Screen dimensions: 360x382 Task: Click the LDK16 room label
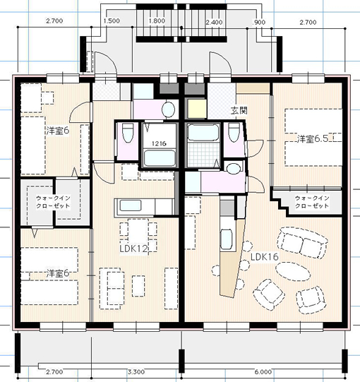(x=264, y=257)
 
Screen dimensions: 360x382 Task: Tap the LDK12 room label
(x=133, y=249)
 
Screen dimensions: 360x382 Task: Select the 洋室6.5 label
(x=313, y=139)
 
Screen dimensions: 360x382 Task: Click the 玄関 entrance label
(x=239, y=111)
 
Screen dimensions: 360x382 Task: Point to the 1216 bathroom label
(x=159, y=143)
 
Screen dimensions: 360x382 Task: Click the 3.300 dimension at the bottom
(x=136, y=372)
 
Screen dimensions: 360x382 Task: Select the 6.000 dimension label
(x=263, y=372)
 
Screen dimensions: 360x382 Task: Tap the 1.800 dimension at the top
(x=157, y=21)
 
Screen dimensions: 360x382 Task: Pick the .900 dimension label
(x=258, y=23)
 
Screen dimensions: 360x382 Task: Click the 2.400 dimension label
(x=214, y=23)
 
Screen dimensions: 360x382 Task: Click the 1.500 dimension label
(x=112, y=21)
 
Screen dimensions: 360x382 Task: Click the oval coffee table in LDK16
(x=293, y=271)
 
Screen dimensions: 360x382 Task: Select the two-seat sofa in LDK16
(x=302, y=243)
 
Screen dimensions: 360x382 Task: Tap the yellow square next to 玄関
(x=197, y=109)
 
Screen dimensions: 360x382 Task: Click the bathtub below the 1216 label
(x=160, y=158)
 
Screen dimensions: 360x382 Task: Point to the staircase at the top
(x=181, y=23)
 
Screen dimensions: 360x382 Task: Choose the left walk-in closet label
(x=53, y=202)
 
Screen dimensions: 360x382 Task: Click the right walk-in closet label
(x=312, y=202)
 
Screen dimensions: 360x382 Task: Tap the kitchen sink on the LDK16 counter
(x=226, y=239)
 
